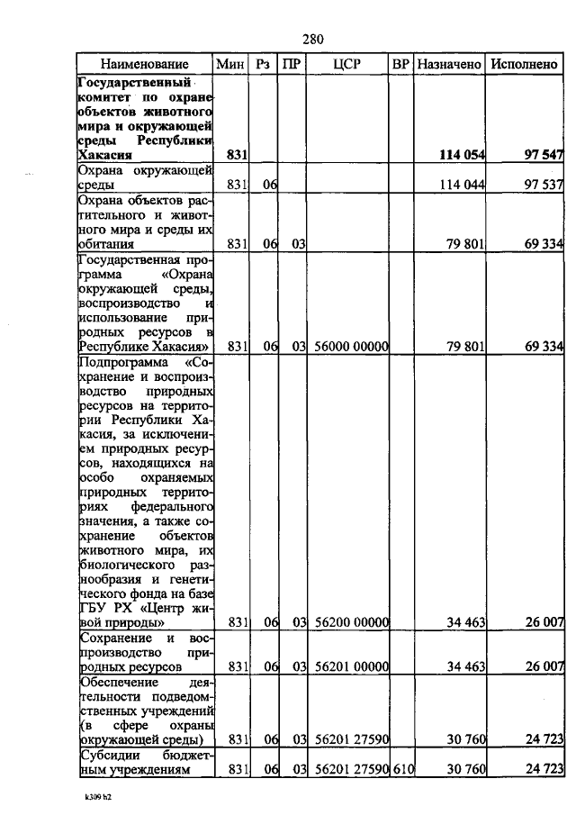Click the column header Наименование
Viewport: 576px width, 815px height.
click(144, 64)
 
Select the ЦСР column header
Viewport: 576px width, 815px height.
click(347, 64)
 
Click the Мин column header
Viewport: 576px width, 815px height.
click(231, 64)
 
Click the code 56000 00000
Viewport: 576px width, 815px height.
click(351, 347)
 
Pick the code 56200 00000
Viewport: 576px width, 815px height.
click(351, 622)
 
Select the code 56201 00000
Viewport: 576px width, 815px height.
click(351, 667)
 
